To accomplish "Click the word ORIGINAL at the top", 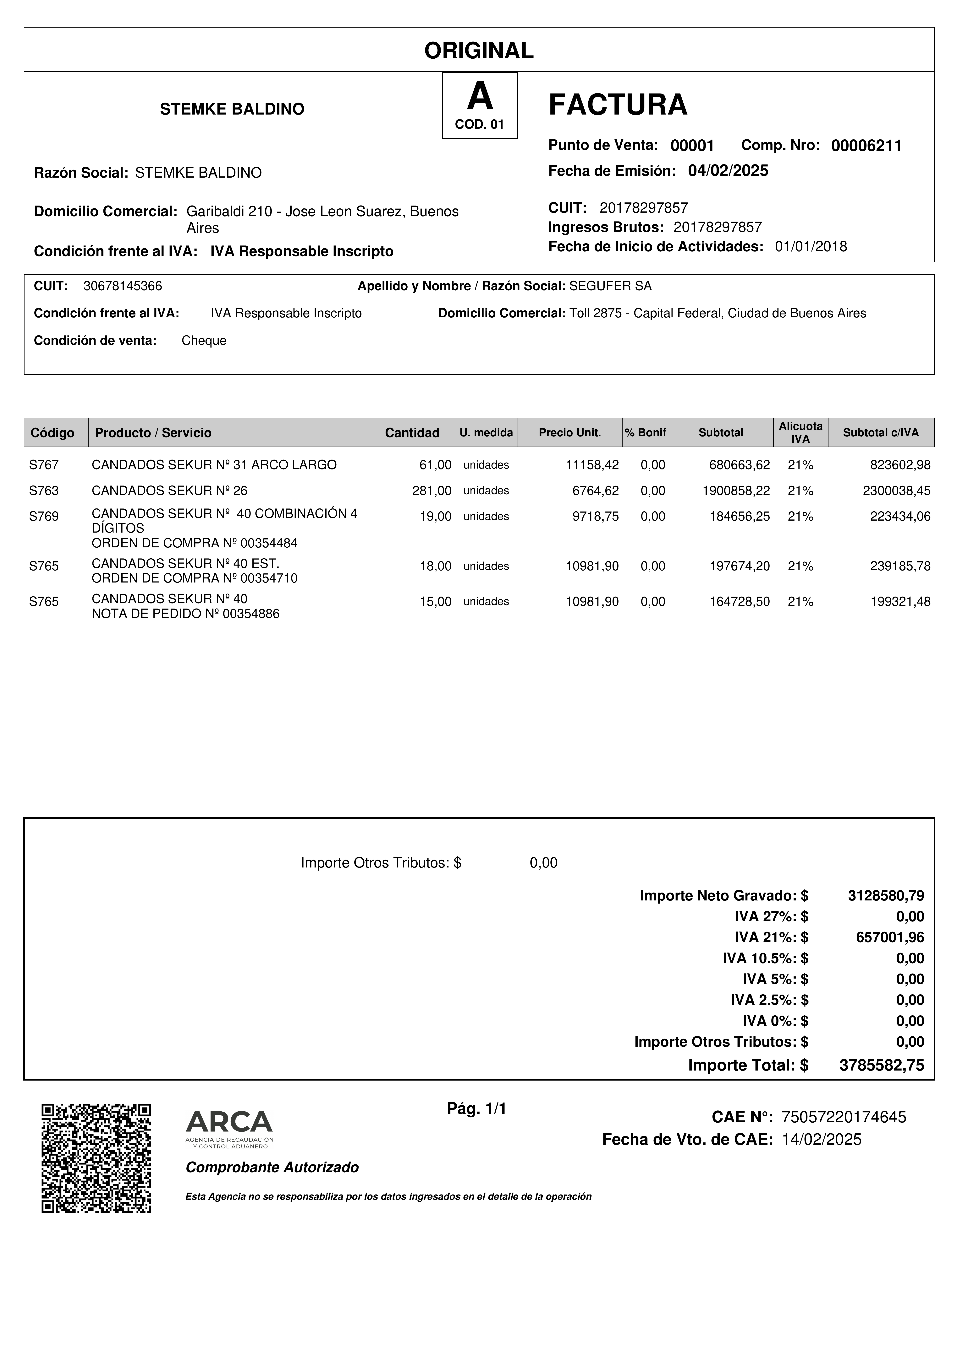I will click(x=479, y=51).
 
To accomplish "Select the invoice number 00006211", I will click(x=866, y=146).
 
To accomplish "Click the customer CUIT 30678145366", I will click(x=123, y=286).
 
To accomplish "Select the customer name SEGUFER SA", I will click(x=610, y=286).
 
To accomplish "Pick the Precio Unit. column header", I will click(x=570, y=432).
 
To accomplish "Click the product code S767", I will click(x=44, y=465).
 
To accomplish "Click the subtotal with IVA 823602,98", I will click(x=900, y=465).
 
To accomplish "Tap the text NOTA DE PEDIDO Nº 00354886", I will click(x=185, y=614).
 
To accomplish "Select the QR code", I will click(x=96, y=1158).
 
